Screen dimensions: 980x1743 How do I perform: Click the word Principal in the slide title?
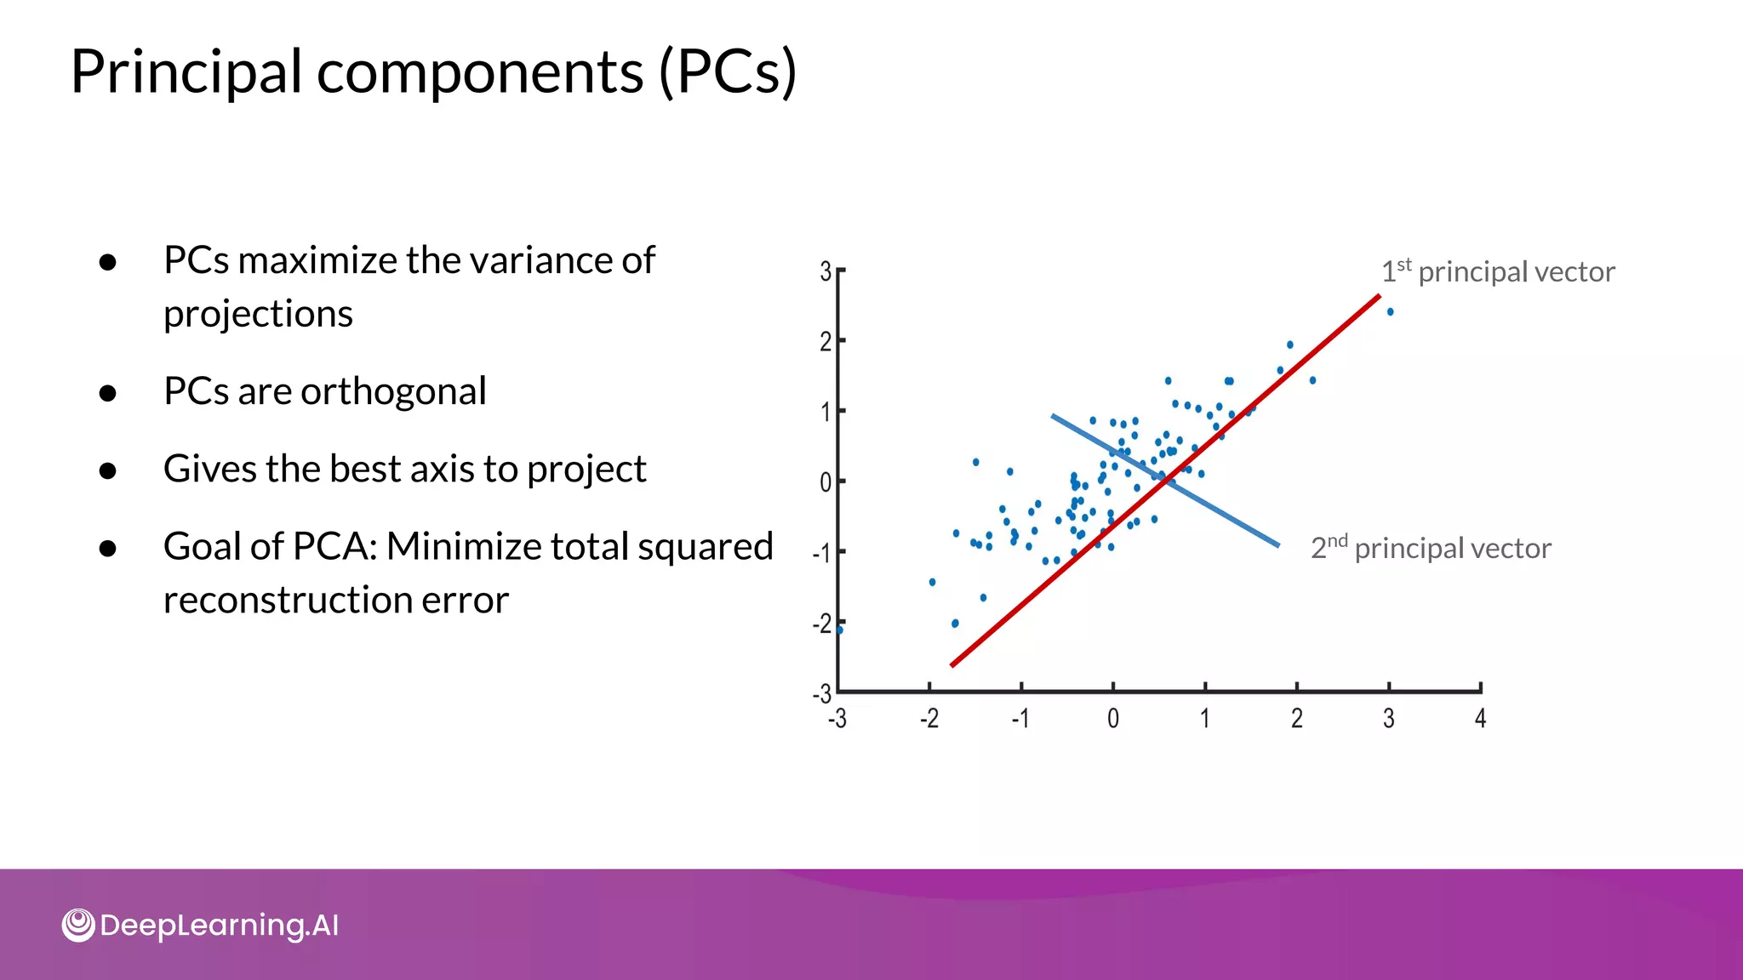186,71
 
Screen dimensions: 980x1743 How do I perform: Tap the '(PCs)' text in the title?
729,71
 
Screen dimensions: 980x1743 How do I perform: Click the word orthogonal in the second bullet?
393,391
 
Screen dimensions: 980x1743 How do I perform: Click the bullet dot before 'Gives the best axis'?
107,470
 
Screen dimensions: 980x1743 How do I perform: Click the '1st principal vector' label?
1497,271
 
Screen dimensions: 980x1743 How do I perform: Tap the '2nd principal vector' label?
1431,548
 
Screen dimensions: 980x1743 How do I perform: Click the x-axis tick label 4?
1480,719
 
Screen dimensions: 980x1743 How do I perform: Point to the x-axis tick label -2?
929,719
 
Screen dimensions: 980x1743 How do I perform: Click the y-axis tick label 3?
825,271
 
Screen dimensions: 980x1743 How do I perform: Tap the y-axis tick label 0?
825,482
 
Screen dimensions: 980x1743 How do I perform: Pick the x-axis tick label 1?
1204,719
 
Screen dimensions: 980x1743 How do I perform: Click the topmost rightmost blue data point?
1390,312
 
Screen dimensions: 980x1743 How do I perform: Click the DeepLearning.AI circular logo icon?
78,925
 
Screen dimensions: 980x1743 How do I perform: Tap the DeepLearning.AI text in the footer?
219,925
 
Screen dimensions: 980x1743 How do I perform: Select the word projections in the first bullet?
258,315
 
